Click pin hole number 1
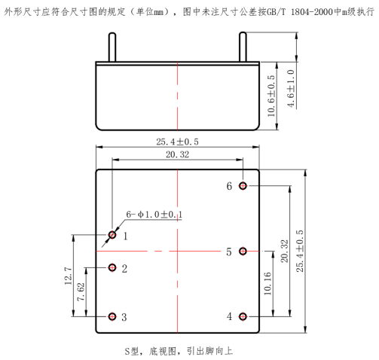tap(112, 235)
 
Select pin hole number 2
tap(112, 267)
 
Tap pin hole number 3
tap(112, 316)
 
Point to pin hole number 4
tap(243, 316)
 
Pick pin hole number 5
tap(243, 251)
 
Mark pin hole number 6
tap(243, 186)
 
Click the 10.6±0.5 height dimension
tap(271, 96)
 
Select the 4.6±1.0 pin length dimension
tap(291, 89)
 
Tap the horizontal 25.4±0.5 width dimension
tap(177, 142)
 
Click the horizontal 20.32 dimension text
tap(177, 154)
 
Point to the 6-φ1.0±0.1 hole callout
tap(154, 215)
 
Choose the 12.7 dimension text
tap(69, 276)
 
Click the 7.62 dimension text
tap(81, 292)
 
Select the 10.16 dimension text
tap(267, 283)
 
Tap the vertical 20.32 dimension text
tap(285, 252)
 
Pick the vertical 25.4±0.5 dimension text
tap(300, 251)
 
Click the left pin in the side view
tap(112, 47)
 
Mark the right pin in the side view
tap(243, 47)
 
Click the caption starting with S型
tap(179, 351)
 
